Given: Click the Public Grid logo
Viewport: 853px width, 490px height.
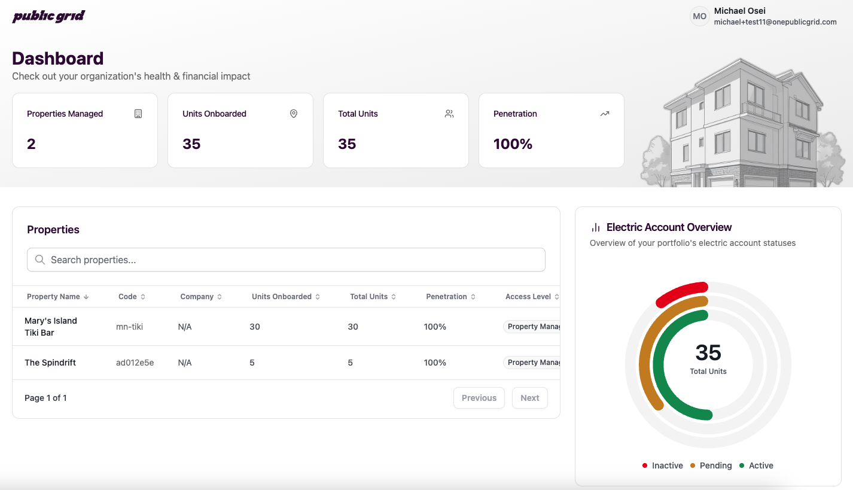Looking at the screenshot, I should click(48, 16).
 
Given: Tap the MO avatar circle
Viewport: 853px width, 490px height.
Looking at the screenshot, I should click(699, 17).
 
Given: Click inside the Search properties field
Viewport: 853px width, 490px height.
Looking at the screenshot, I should click(286, 260).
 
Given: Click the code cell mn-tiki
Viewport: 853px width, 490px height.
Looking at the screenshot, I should click(129, 327).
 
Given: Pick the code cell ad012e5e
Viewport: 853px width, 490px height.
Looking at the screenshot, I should click(135, 363).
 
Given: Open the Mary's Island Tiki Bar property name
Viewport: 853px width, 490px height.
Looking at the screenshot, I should click(51, 327).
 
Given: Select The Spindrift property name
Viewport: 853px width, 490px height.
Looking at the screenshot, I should click(50, 363).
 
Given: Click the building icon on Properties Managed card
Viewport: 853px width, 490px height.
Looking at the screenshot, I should click(138, 114).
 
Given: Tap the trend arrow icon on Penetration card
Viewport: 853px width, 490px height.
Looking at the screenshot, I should click(605, 114).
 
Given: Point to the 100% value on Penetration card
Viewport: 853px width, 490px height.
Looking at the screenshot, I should click(513, 144).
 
